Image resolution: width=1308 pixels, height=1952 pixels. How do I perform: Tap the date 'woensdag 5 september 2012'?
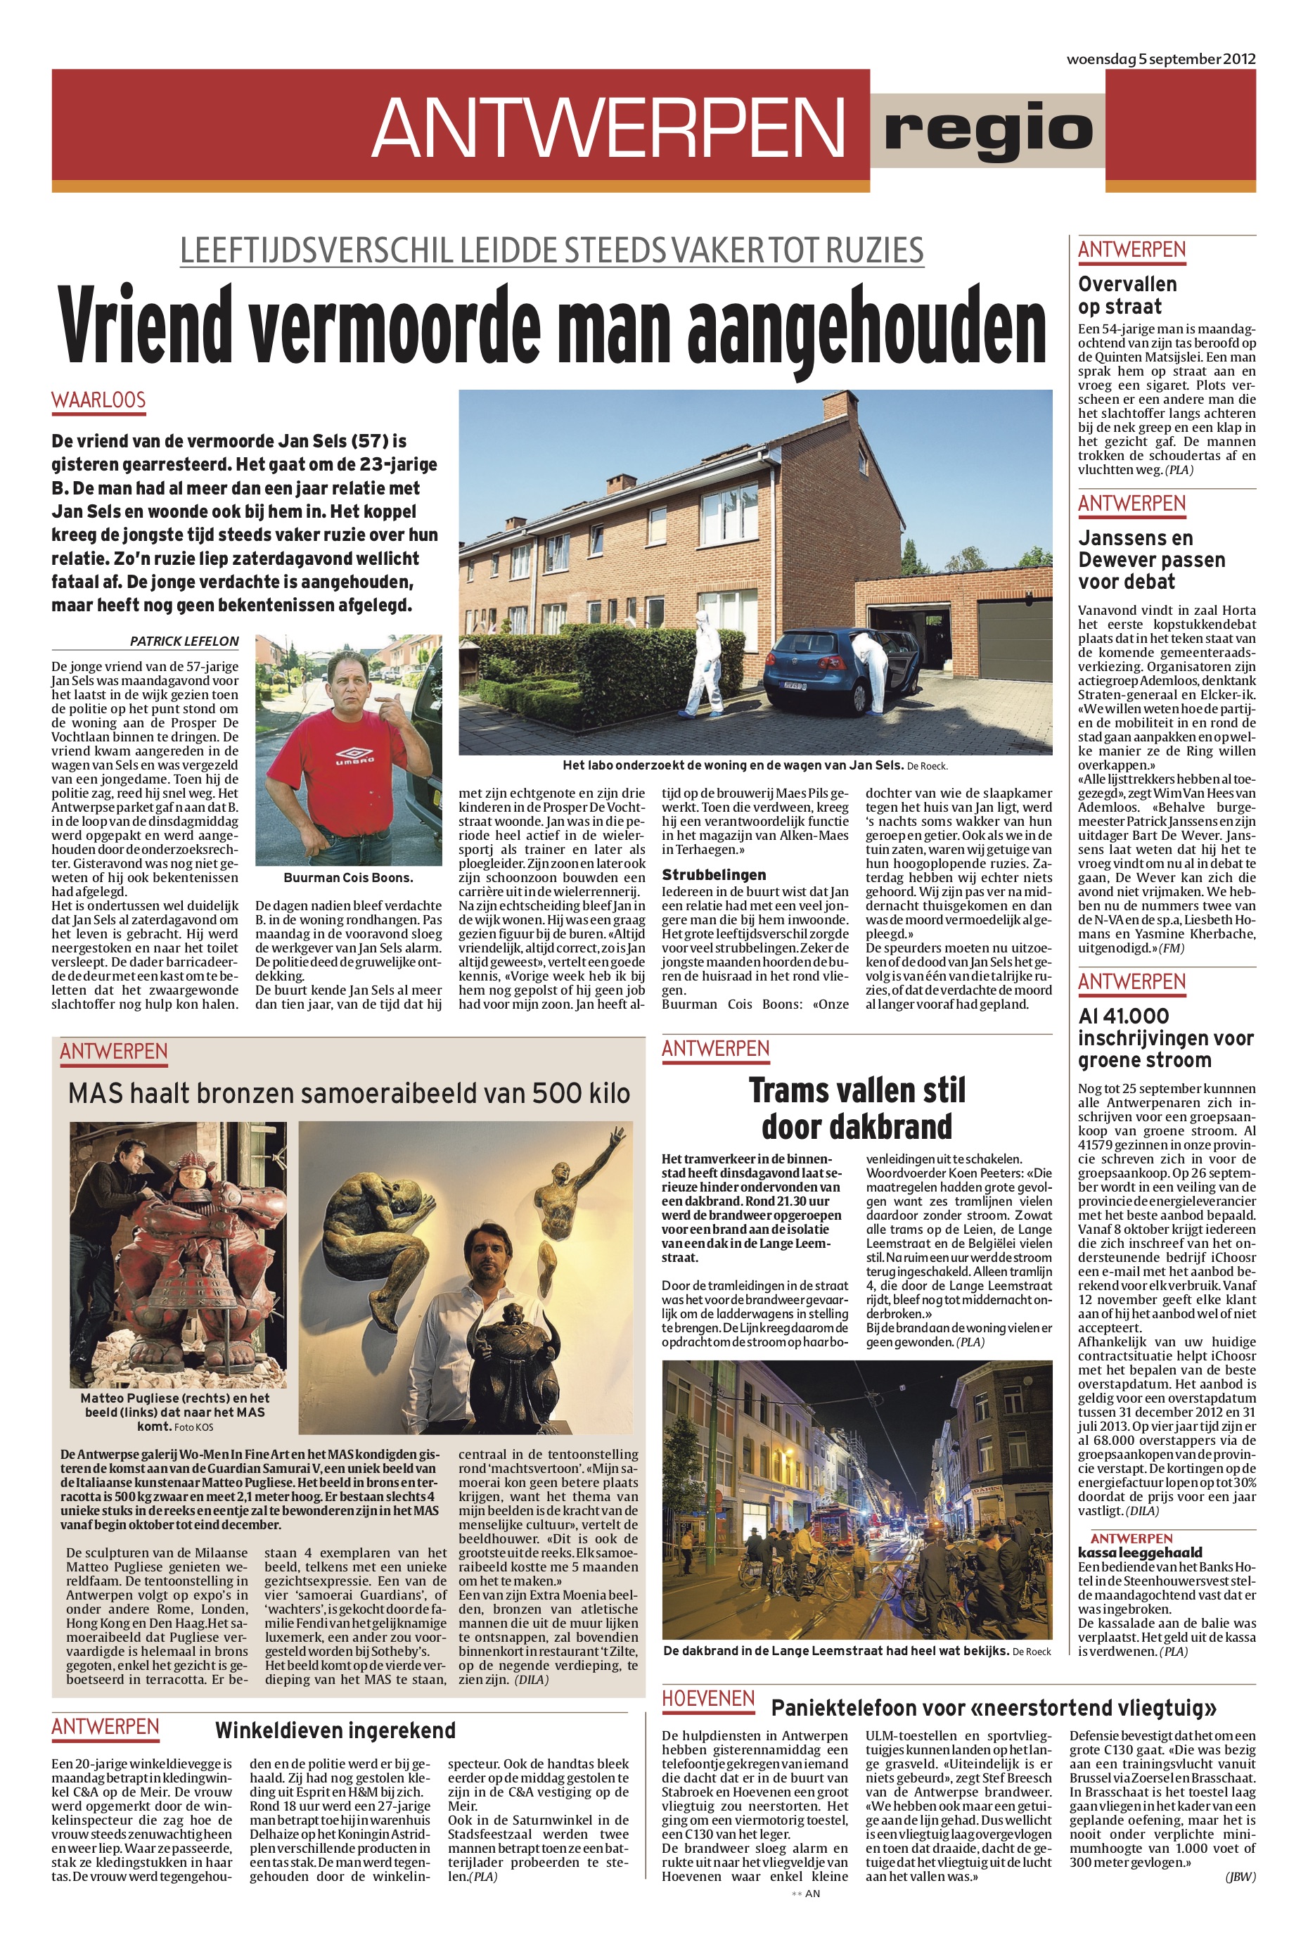[x=1160, y=59]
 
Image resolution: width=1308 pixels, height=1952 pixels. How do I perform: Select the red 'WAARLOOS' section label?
[x=98, y=400]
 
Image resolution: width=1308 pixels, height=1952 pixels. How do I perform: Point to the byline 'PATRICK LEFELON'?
[x=184, y=641]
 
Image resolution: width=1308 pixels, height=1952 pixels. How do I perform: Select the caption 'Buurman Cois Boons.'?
[x=348, y=878]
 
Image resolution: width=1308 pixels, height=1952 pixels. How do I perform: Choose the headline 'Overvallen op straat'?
[x=1127, y=295]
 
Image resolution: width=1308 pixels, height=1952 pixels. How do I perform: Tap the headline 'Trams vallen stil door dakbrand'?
[x=857, y=1108]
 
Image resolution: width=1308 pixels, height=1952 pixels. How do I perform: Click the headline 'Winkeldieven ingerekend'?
[x=335, y=1730]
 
